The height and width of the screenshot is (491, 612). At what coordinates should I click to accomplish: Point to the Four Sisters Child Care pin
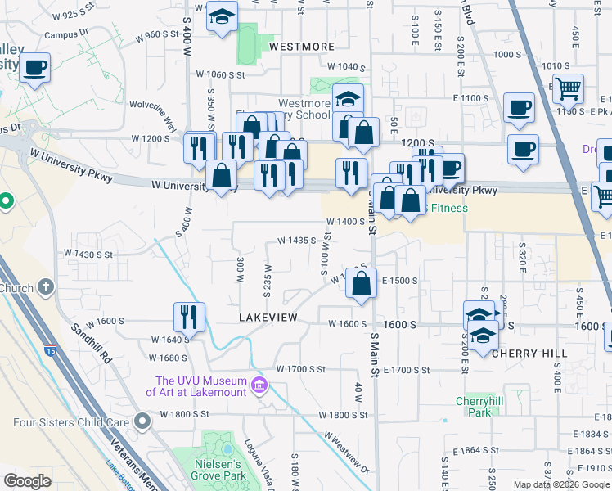tap(143, 422)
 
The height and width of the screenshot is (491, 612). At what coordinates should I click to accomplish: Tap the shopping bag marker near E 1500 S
tap(361, 283)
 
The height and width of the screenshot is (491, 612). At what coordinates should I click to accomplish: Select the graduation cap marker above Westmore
tap(221, 17)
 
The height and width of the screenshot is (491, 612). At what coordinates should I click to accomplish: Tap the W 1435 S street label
tap(297, 241)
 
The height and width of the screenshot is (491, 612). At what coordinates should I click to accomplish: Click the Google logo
tap(28, 481)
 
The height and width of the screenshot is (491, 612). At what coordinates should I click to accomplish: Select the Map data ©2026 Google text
tap(561, 484)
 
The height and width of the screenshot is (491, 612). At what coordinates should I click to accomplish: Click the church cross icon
tap(46, 287)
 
